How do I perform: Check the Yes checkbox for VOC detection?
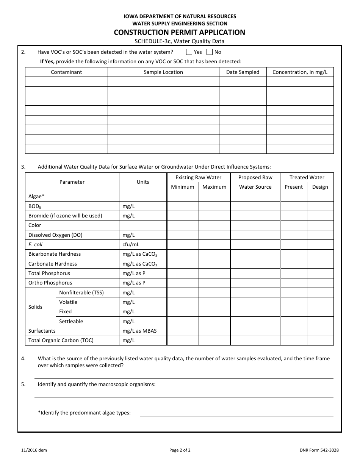pyautogui.click(x=189, y=52)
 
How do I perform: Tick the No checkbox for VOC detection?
pyautogui.click(x=210, y=52)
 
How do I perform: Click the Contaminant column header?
pyautogui.click(x=66, y=72)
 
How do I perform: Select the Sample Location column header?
pyautogui.click(x=163, y=72)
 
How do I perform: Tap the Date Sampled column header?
pyautogui.click(x=243, y=72)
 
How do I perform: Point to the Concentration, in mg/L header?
pyautogui.click(x=300, y=72)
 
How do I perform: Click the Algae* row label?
pyautogui.click(x=36, y=196)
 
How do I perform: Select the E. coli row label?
pyautogui.click(x=36, y=244)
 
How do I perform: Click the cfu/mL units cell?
pyautogui.click(x=131, y=244)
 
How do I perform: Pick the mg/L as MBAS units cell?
pyautogui.click(x=139, y=331)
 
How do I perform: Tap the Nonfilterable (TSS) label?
pyautogui.click(x=81, y=292)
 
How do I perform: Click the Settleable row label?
pyautogui.click(x=71, y=321)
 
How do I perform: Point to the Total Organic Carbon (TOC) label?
pyautogui.click(x=61, y=340)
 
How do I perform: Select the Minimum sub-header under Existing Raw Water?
pyautogui.click(x=183, y=187)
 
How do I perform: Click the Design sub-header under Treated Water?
pyautogui.click(x=320, y=187)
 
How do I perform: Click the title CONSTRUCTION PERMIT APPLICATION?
pyautogui.click(x=180, y=32)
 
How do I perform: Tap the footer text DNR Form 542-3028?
pyautogui.click(x=319, y=450)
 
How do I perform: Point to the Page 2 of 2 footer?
pyautogui.click(x=180, y=450)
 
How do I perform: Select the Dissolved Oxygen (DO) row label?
pyautogui.click(x=55, y=235)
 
